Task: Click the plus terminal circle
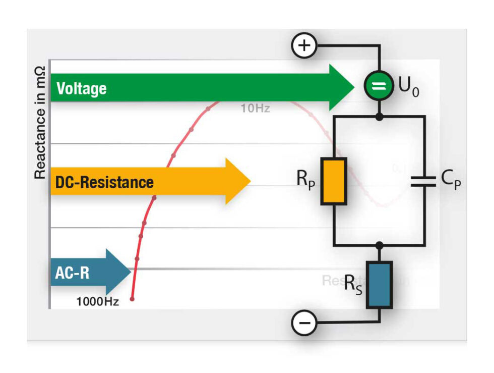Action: [304, 46]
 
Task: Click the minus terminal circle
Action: [304, 323]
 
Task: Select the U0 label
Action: [409, 87]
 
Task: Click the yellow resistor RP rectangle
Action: [334, 181]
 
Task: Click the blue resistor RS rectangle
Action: [379, 284]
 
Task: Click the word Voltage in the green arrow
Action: [82, 89]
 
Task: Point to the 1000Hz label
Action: [97, 302]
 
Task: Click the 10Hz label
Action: [255, 108]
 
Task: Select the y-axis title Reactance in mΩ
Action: [40, 123]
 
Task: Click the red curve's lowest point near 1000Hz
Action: [132, 299]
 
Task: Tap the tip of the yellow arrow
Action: [250, 181]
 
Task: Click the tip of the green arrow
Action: [354, 87]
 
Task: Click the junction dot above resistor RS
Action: [379, 245]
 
